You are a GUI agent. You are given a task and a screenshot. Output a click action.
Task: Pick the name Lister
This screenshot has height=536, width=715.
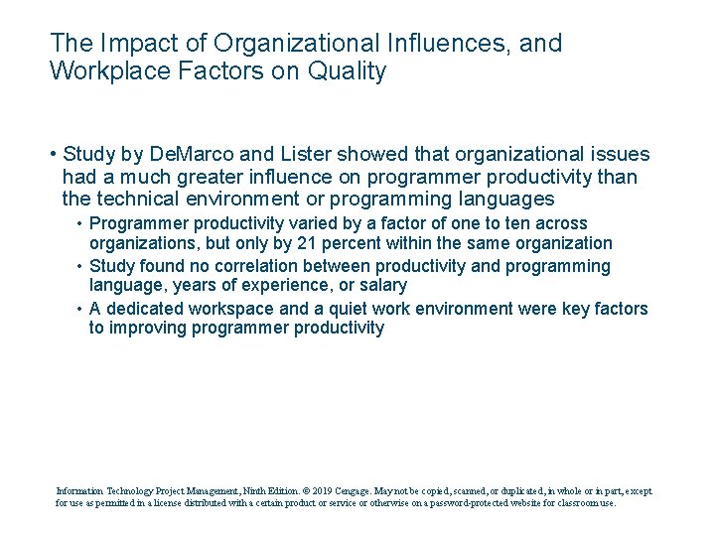coord(303,155)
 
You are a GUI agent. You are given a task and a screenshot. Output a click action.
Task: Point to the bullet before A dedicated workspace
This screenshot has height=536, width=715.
coord(79,309)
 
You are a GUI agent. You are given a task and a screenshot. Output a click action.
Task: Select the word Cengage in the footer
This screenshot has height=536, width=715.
coord(354,490)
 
